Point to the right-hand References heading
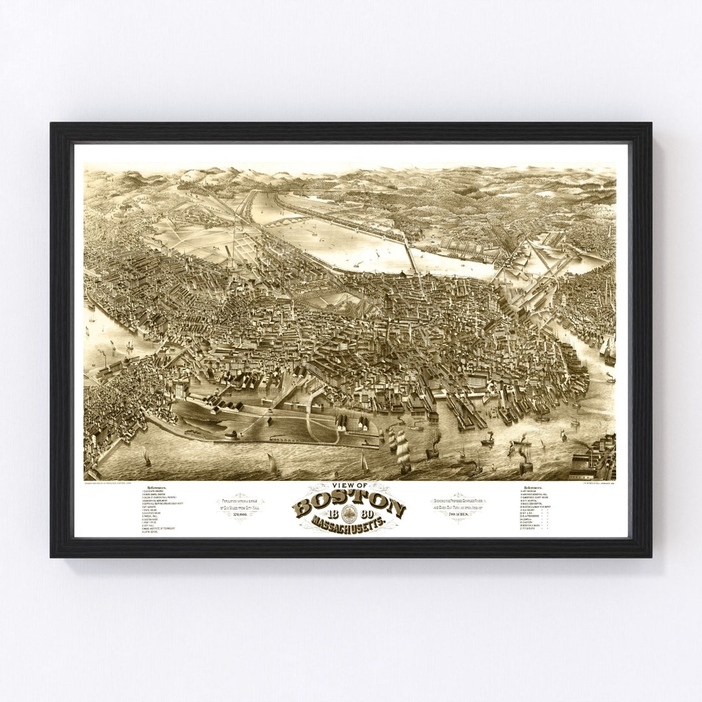click(534, 487)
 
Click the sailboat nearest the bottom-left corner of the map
click(146, 458)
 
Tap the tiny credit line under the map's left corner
click(120, 482)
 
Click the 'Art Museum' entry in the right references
click(530, 491)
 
